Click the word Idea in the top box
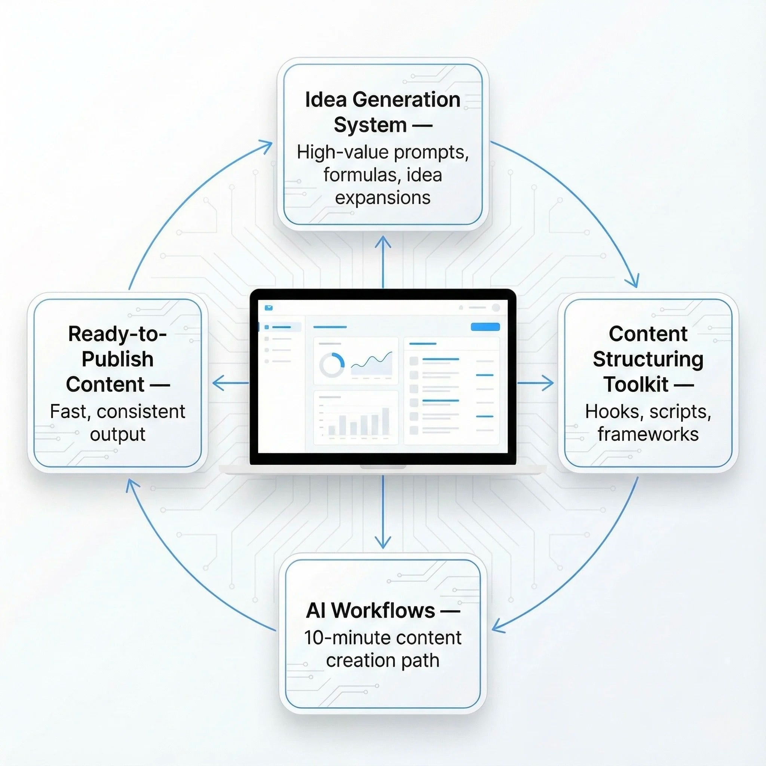[x=325, y=99]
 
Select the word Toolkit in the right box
[x=635, y=384]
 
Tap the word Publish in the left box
[x=117, y=359]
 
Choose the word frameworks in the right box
[x=648, y=434]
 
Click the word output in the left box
[x=117, y=434]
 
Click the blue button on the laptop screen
[x=485, y=327]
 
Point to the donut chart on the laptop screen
[x=332, y=365]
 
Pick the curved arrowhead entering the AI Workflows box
[x=497, y=628]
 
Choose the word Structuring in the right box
[x=648, y=359]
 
